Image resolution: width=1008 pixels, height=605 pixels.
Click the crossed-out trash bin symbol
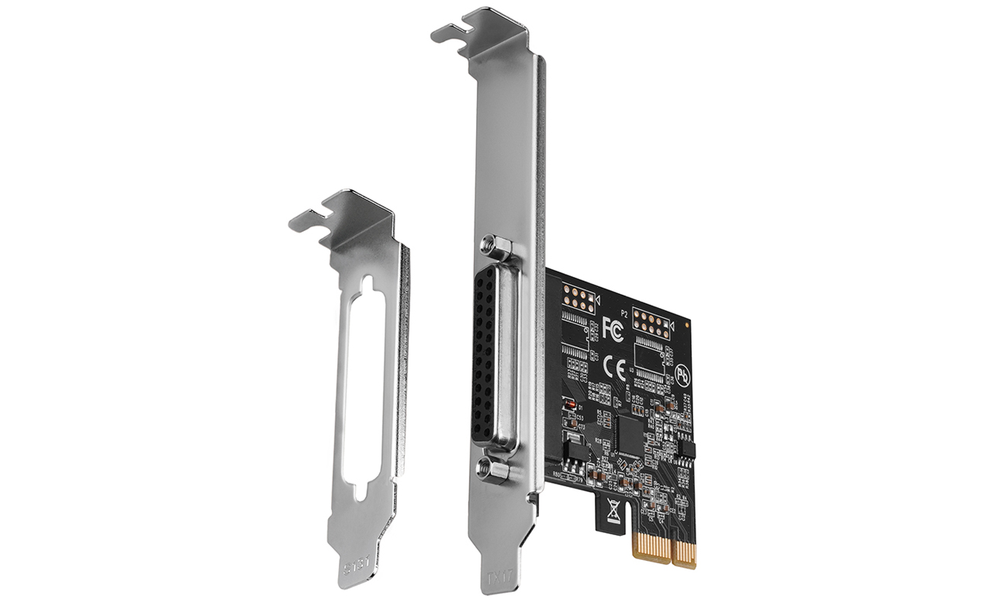[613, 511]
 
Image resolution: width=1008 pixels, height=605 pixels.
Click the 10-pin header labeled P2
[651, 321]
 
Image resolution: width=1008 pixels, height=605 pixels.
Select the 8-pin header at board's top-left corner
[578, 298]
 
